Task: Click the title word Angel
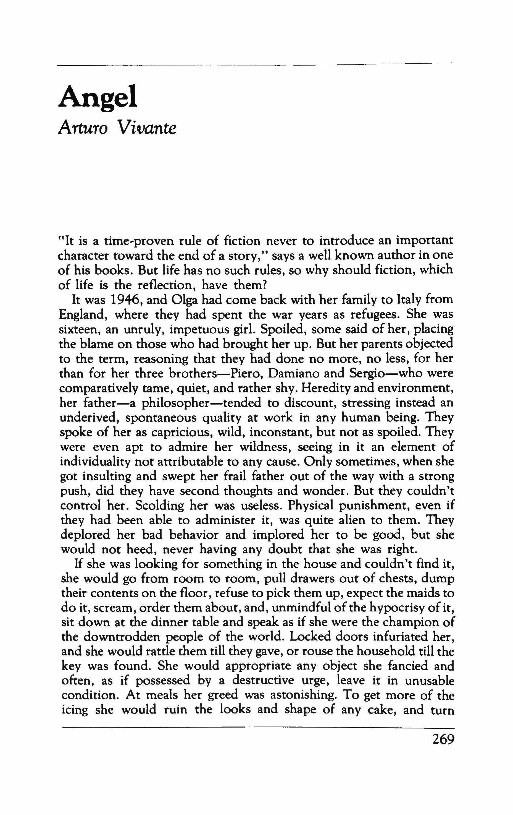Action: [x=98, y=97]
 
